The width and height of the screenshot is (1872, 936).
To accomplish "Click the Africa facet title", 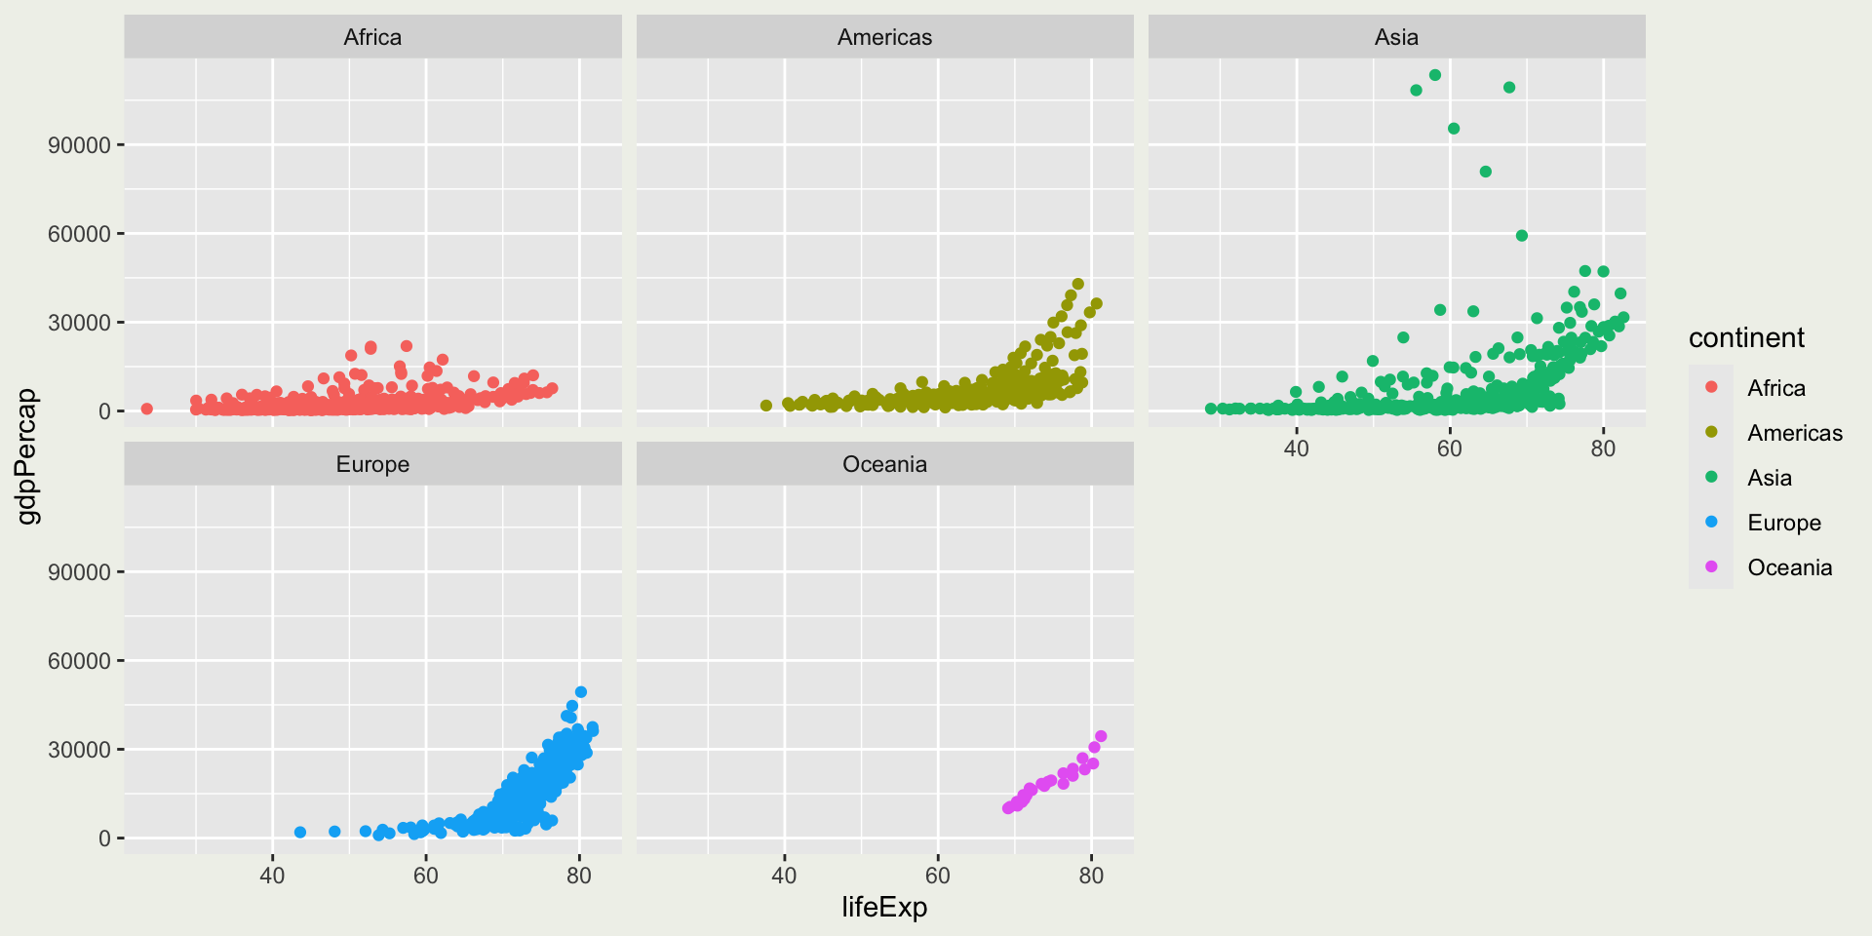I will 372,37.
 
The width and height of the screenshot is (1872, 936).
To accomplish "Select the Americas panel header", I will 884,37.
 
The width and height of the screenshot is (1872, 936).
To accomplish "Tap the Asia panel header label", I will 1396,37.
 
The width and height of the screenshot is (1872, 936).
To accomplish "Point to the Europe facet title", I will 372,464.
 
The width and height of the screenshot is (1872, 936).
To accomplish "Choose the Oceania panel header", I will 884,464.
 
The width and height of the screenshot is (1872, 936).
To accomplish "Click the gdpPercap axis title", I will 28,455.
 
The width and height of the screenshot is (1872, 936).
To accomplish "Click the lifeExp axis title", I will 884,908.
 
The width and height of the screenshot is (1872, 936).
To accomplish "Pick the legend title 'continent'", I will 1746,338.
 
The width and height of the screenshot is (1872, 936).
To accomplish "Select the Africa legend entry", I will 1775,388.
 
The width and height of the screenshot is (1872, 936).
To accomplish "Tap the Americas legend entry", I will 1794,433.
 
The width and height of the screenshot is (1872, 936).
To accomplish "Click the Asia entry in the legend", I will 1769,478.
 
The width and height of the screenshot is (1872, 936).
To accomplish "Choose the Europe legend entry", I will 1783,523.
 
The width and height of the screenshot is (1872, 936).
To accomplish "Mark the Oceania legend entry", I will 1789,567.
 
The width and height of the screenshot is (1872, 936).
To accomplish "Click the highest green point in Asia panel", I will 1435,75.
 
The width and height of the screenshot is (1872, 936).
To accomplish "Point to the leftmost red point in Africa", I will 147,409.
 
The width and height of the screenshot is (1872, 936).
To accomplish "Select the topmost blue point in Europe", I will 581,692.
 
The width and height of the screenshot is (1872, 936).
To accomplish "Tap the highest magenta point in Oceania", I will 1101,736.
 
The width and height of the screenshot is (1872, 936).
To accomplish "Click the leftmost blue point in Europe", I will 300,833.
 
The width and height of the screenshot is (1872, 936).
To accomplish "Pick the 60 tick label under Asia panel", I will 1449,448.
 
